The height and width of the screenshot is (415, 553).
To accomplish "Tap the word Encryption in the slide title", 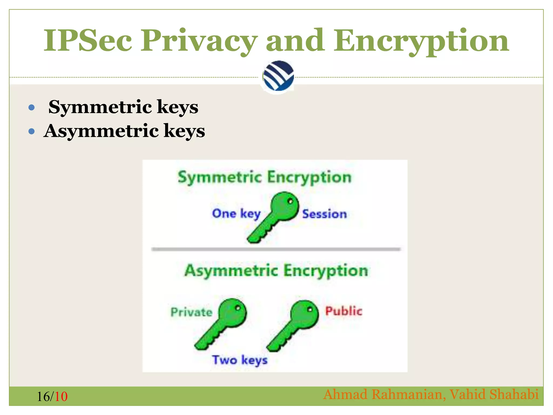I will [x=421, y=41].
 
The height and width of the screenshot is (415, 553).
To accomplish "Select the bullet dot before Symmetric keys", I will [x=32, y=108].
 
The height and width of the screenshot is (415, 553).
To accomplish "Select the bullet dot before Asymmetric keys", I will [x=32, y=132].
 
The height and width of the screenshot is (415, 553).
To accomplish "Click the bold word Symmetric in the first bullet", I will [x=100, y=107].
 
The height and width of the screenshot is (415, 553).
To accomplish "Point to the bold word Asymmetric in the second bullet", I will [x=102, y=131].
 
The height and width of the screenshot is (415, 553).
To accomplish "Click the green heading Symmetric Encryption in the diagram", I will [x=265, y=178].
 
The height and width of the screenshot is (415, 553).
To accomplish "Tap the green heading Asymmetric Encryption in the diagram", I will [x=276, y=271].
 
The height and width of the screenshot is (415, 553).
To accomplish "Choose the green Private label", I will [x=191, y=312].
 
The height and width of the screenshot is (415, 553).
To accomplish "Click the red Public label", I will [x=343, y=311].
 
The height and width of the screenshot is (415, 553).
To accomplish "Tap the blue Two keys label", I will [x=240, y=360].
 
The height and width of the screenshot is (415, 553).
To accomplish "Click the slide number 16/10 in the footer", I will [x=52, y=397].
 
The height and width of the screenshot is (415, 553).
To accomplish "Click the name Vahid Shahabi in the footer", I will [x=494, y=394].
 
